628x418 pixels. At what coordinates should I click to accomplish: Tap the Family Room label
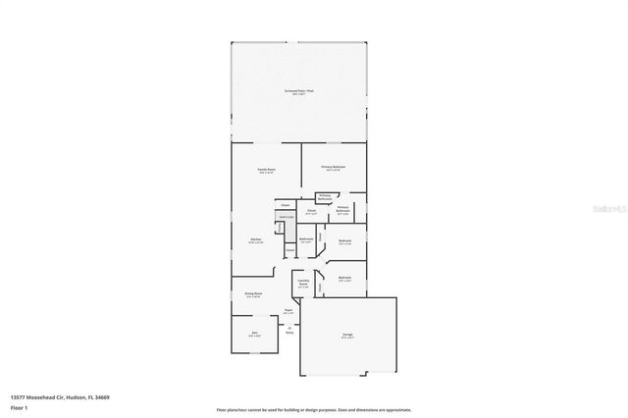[x=266, y=171]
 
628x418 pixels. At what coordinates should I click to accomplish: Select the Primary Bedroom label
[x=334, y=169]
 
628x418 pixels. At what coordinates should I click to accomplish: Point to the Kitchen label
[x=254, y=240]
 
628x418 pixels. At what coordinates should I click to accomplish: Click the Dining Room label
[x=253, y=293]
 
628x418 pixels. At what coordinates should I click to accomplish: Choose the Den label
[x=254, y=335]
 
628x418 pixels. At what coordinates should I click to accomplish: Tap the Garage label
[x=348, y=336]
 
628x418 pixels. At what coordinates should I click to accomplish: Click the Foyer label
[x=288, y=312]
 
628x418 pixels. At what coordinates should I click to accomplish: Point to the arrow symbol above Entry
[x=289, y=327]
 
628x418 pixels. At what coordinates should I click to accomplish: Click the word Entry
[x=289, y=334]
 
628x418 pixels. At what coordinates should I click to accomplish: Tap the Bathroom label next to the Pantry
[x=306, y=239]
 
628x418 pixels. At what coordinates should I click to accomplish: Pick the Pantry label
[x=280, y=228]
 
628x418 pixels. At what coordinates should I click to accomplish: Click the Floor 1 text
[x=19, y=406]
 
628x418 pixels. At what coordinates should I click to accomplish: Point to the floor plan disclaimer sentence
[x=313, y=410]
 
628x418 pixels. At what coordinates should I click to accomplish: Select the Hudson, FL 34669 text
[x=88, y=397]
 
